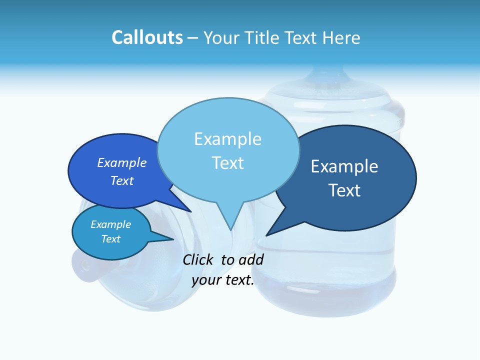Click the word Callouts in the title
click(x=147, y=37)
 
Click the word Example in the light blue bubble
click(x=227, y=139)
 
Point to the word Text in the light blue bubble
click(x=227, y=163)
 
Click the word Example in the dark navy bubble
click(x=344, y=166)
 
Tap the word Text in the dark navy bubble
click(x=344, y=190)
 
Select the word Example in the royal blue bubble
click(x=122, y=162)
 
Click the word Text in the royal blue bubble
click(x=122, y=180)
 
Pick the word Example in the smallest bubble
click(x=110, y=224)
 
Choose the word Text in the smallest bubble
click(x=110, y=239)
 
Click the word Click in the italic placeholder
click(x=199, y=259)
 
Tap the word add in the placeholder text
click(x=250, y=259)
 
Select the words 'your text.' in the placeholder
click(x=223, y=280)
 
